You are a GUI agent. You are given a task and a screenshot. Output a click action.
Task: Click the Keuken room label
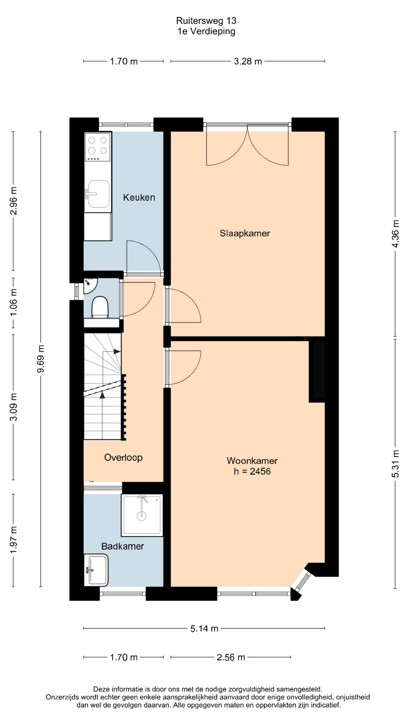pos(139,197)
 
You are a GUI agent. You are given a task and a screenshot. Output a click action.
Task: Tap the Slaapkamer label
pos(245,233)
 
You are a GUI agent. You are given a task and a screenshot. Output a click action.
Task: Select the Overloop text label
pos(123,458)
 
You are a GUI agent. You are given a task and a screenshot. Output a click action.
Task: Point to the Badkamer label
pos(122,546)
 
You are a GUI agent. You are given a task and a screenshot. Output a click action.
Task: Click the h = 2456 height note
pos(252,471)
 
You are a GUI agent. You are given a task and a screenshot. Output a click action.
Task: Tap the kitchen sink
pos(98,194)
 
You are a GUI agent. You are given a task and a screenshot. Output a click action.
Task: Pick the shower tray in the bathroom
pos(142,515)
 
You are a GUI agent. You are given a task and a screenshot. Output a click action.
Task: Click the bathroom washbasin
pos(96,570)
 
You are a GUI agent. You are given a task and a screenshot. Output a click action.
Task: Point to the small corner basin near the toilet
pos(90,285)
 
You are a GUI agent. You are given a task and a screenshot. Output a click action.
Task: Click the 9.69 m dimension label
pos(40,359)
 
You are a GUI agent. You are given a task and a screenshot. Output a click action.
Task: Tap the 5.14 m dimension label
pos(204,628)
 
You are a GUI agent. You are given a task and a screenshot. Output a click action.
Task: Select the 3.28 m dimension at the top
pos(248,61)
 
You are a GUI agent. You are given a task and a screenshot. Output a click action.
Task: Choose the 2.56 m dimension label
pos(231,657)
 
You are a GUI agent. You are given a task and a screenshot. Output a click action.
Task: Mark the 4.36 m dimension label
pos(395,234)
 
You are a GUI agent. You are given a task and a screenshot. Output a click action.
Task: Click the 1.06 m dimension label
pos(13,302)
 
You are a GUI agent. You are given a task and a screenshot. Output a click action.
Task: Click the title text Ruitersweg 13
pos(206,20)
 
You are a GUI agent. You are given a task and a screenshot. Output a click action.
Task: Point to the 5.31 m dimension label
pos(395,464)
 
